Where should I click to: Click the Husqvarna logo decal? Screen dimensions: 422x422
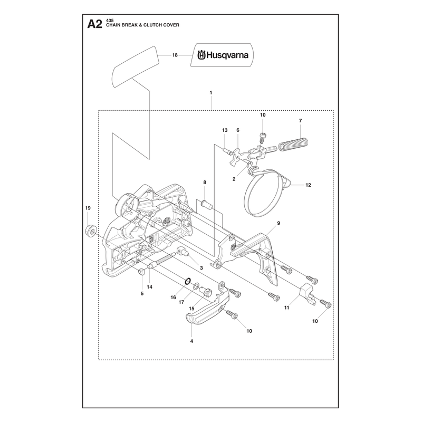(x=222, y=55)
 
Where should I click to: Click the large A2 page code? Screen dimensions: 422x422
(x=95, y=24)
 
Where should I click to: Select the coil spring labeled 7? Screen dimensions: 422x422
(x=293, y=145)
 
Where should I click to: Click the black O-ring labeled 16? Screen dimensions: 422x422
(x=188, y=281)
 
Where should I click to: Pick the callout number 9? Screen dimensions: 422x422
(x=279, y=223)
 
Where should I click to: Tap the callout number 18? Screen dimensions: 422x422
(x=175, y=55)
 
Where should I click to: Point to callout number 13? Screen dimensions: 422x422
(x=225, y=130)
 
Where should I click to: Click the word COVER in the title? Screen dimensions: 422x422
(x=172, y=25)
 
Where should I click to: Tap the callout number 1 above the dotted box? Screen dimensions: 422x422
(x=211, y=93)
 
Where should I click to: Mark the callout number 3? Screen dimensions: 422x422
(x=202, y=268)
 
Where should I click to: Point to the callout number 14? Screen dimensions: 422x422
(x=150, y=287)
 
